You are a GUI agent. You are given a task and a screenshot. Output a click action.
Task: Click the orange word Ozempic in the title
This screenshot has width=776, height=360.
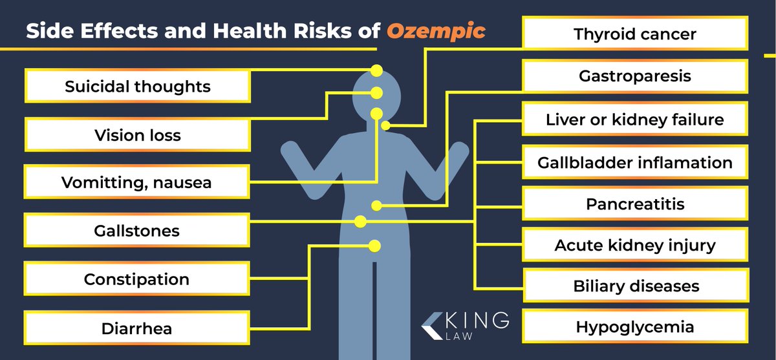tap(436, 31)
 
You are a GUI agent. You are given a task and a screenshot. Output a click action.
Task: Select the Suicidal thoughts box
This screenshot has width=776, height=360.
tap(138, 86)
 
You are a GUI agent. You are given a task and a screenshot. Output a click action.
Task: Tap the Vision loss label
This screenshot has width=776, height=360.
tap(138, 134)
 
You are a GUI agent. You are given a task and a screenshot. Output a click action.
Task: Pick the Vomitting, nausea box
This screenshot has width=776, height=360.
tap(137, 182)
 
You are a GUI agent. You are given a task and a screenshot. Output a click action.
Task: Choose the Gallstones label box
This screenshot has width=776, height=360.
tap(137, 231)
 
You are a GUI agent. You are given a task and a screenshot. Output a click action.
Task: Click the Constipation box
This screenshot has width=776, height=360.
tap(137, 279)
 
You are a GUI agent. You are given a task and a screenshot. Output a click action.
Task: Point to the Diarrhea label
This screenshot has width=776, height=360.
tap(137, 328)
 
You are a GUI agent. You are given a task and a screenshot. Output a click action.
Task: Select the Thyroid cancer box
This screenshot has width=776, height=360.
tap(635, 33)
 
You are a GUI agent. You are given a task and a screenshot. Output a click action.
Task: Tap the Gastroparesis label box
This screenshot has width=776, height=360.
tap(635, 76)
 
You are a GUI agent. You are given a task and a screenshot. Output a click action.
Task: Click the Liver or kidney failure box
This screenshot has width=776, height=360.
tap(635, 119)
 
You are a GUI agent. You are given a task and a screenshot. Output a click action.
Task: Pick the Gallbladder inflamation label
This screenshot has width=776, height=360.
tap(635, 162)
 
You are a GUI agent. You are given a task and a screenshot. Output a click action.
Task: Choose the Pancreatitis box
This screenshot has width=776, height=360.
tap(635, 204)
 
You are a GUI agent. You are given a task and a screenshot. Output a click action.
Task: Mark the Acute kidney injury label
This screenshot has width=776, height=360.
tap(635, 245)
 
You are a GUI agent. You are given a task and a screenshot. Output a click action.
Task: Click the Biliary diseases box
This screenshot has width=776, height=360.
tap(636, 286)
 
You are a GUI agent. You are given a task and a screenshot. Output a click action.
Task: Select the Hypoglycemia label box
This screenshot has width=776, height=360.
tap(635, 326)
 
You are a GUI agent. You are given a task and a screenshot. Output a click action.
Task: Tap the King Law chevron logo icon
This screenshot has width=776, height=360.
tap(433, 326)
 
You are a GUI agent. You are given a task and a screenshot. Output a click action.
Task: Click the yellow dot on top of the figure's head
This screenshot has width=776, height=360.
tap(376, 70)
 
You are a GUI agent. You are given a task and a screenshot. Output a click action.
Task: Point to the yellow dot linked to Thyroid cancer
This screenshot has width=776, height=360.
tap(385, 125)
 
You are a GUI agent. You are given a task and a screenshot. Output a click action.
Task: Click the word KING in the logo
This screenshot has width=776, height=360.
tap(477, 320)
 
